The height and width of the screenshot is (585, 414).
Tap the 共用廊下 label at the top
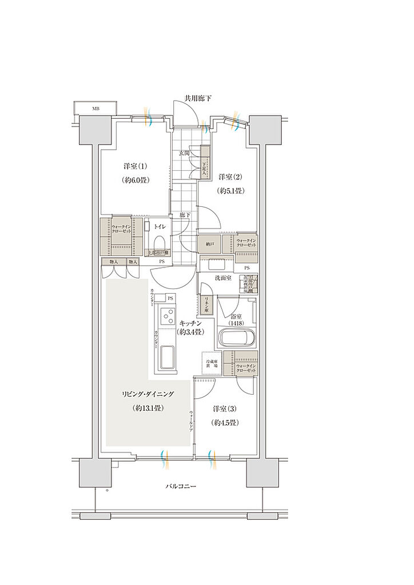[197, 99]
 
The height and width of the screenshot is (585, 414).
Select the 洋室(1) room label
[136, 166]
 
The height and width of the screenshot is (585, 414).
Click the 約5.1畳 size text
[230, 191]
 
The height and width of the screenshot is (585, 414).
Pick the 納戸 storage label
[210, 245]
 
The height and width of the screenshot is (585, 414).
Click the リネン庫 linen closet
[206, 303]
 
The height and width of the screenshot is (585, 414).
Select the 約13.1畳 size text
[148, 408]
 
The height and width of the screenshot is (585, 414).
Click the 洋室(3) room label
[225, 409]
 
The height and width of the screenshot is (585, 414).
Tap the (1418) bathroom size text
[237, 323]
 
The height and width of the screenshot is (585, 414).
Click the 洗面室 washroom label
[222, 278]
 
